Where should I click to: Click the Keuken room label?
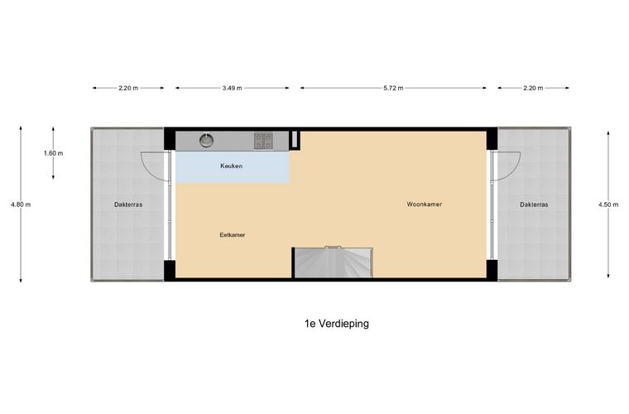tap(232, 166)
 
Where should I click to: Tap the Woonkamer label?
tap(425, 205)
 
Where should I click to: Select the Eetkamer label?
tap(233, 235)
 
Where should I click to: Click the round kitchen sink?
tap(206, 141)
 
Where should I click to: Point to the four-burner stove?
tap(263, 141)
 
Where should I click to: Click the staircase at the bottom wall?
tap(333, 262)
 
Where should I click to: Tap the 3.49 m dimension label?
tap(233, 88)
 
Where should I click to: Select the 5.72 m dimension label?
tap(393, 88)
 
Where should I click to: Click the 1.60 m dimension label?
tap(53, 153)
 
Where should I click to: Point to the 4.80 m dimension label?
tap(21, 205)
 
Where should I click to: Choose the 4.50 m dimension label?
tap(608, 205)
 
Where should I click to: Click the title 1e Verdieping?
tap(337, 324)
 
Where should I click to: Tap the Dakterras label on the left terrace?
tap(128, 205)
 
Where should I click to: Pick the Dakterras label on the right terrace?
tap(534, 205)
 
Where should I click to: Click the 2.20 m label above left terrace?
tap(128, 88)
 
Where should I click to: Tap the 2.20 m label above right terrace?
tap(533, 88)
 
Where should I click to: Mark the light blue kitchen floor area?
tap(233, 167)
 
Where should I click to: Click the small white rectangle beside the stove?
tap(295, 139)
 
